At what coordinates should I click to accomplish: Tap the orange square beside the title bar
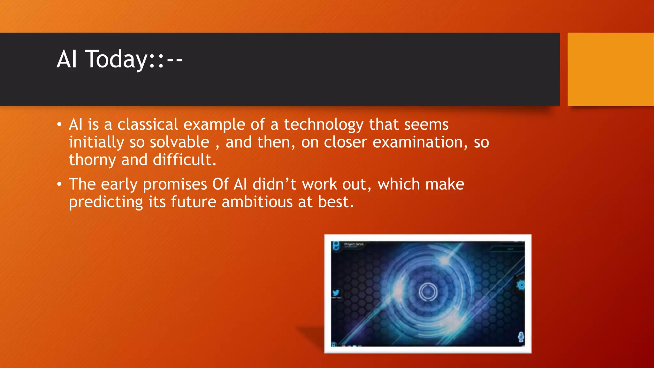(x=611, y=69)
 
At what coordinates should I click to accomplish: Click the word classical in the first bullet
(x=148, y=125)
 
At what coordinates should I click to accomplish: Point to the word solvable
(x=179, y=142)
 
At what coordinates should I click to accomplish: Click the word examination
(x=418, y=142)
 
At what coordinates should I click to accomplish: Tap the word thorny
(x=92, y=160)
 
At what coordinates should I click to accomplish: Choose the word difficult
(x=184, y=160)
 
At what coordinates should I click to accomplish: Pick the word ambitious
(x=257, y=202)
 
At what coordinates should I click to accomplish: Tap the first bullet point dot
(x=59, y=125)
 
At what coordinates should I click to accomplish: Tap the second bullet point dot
(x=59, y=184)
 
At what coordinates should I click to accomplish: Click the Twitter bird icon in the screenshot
(x=336, y=293)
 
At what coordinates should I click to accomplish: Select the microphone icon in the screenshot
(x=521, y=336)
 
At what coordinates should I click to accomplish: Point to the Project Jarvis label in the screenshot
(x=354, y=244)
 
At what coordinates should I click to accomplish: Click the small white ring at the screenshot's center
(x=428, y=291)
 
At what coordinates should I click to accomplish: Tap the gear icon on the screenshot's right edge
(x=521, y=285)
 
